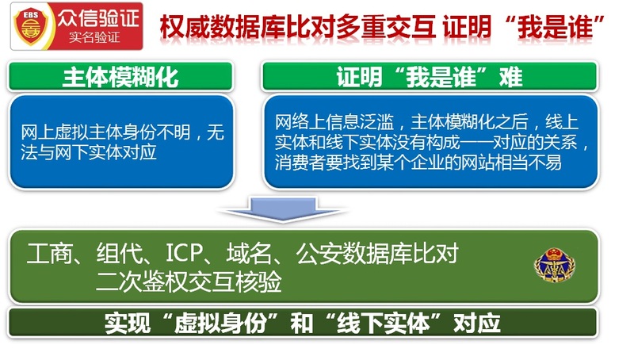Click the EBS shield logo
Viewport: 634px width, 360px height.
(x=31, y=26)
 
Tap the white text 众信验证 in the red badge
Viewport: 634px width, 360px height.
(x=98, y=18)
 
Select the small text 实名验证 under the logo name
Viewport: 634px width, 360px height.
(x=94, y=37)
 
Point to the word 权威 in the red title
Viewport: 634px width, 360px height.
(x=185, y=27)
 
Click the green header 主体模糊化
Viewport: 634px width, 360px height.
(x=120, y=77)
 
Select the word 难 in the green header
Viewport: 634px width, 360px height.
(x=510, y=77)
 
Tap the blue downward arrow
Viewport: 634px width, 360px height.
(x=283, y=209)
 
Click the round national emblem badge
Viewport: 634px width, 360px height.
(x=555, y=266)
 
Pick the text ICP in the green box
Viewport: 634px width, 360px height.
(x=184, y=253)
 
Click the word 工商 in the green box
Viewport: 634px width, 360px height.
(x=50, y=254)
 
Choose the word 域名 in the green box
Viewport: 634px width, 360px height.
(x=250, y=254)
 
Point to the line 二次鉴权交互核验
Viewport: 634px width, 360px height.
(x=189, y=281)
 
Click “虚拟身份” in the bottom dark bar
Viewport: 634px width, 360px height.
(x=221, y=324)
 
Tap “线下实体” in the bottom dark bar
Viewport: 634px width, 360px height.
(x=384, y=324)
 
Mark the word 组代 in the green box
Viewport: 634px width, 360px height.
(x=120, y=254)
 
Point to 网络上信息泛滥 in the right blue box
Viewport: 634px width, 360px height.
(x=334, y=122)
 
